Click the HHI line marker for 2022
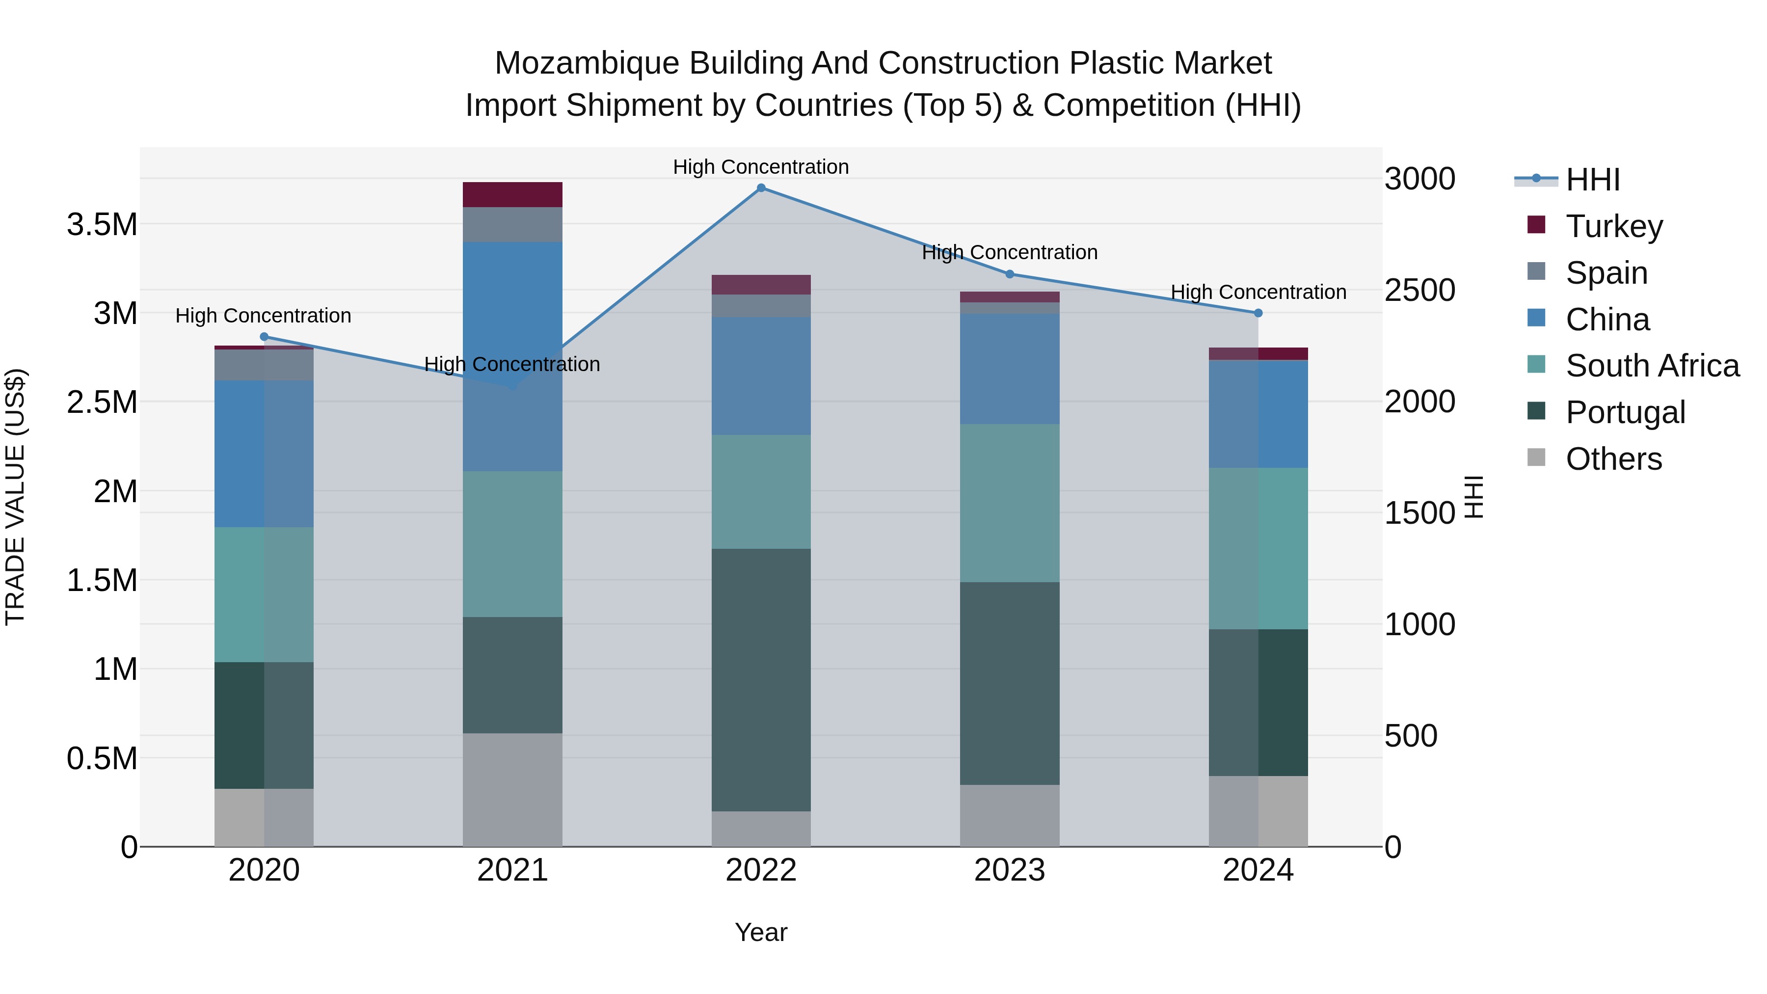(x=761, y=188)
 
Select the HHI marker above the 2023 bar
(x=1009, y=274)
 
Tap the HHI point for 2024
(x=1258, y=313)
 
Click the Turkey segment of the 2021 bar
(x=512, y=195)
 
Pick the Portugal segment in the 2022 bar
(x=761, y=679)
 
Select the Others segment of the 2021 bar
(x=512, y=789)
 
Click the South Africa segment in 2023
(x=1009, y=503)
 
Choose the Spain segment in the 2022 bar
(x=761, y=306)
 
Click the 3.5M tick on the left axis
(x=102, y=225)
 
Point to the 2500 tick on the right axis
(x=1419, y=290)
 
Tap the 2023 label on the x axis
(x=1009, y=870)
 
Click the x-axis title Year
(x=761, y=932)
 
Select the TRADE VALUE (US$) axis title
(x=15, y=497)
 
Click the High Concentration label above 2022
(x=761, y=167)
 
